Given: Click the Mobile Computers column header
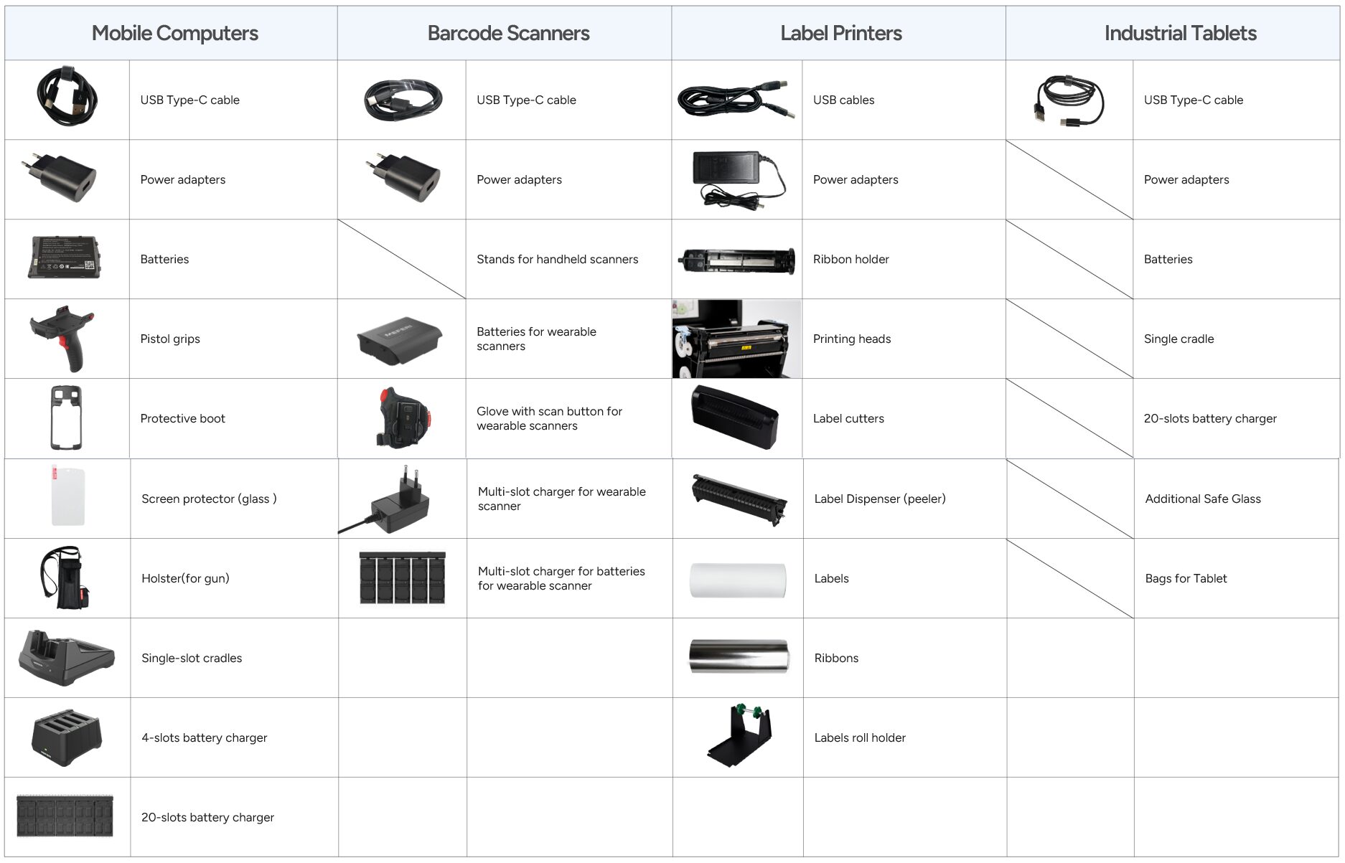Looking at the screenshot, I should click(174, 34).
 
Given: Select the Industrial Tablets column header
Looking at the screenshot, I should click(1180, 34).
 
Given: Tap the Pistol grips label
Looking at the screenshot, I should click(170, 339).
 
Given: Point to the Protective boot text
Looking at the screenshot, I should click(182, 419).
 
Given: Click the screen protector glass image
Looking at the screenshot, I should click(67, 496).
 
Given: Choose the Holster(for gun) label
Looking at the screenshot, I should click(185, 579).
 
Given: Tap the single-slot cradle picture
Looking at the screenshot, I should click(66, 659).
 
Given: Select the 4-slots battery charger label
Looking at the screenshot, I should click(204, 738).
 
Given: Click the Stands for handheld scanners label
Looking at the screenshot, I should click(557, 260).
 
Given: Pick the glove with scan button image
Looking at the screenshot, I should click(403, 418).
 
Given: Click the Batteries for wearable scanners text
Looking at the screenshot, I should click(536, 339).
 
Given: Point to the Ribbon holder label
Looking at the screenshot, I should click(850, 260).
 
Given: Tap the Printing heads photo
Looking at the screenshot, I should click(736, 339).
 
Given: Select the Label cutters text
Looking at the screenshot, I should click(848, 419).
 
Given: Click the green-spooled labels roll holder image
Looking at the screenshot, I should click(739, 735).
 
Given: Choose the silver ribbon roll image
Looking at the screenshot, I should click(739, 656).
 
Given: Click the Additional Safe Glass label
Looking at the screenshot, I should click(1203, 499).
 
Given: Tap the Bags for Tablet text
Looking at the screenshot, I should click(1186, 579).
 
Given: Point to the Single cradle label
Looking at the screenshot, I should click(1178, 339).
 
